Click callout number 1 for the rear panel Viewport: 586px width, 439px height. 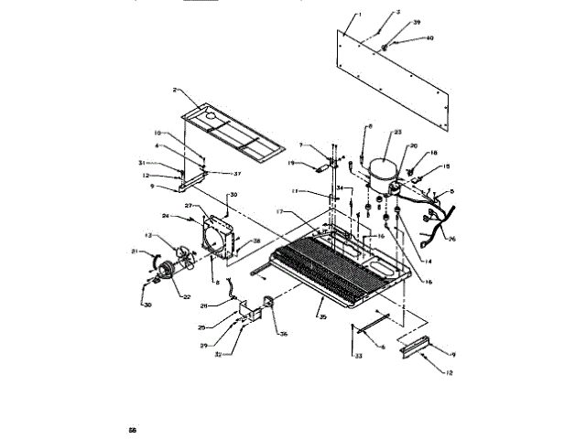360,16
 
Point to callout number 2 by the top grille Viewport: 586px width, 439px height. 173,91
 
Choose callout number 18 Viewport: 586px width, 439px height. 434,154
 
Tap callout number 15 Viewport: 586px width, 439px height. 447,166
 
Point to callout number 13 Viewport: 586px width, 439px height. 148,235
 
